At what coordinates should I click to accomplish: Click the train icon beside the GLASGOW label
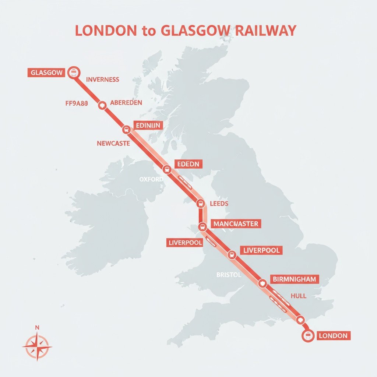(74, 72)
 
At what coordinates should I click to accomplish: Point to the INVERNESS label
(102, 79)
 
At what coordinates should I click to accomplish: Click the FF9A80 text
(77, 103)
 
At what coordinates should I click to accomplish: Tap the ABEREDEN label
(126, 103)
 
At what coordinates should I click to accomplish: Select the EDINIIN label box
(148, 125)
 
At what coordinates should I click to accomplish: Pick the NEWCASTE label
(113, 143)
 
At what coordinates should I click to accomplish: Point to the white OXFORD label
(151, 179)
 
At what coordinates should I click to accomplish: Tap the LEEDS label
(219, 203)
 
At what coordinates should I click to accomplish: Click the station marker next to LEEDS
(200, 202)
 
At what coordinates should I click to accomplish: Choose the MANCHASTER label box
(236, 223)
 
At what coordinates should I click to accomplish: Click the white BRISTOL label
(229, 275)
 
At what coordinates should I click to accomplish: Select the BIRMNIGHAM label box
(294, 279)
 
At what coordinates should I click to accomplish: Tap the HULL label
(298, 296)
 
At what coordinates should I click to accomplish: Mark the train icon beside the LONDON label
(308, 335)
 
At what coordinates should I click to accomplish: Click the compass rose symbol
(37, 346)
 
